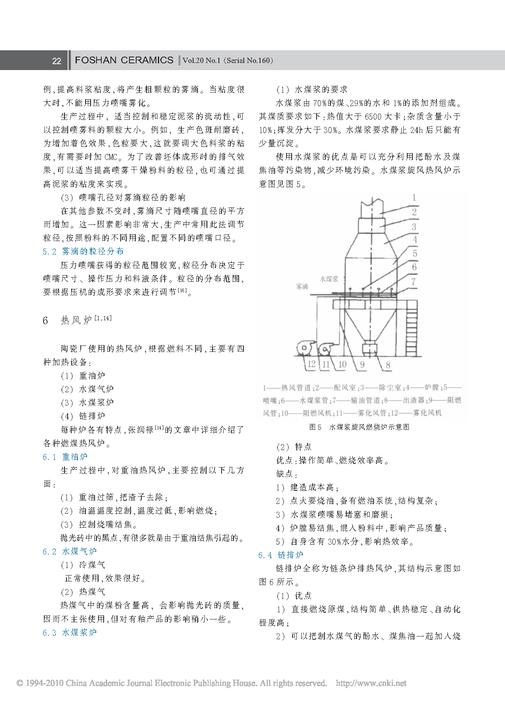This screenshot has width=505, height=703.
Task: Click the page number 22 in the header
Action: click(x=57, y=61)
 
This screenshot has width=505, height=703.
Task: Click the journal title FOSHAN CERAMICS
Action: click(x=124, y=60)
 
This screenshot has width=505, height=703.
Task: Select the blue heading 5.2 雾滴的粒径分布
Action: click(x=83, y=251)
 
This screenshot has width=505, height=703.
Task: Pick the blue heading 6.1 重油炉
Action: click(x=65, y=457)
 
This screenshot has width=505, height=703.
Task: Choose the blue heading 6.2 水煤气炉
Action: click(x=70, y=551)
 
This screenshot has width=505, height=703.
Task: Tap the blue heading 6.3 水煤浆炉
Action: click(x=70, y=633)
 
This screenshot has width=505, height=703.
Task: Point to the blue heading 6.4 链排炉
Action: click(x=281, y=555)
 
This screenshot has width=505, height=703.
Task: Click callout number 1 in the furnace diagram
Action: click(x=414, y=198)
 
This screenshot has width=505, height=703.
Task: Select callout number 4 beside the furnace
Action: click(x=414, y=239)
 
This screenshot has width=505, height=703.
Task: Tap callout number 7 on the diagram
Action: click(x=414, y=282)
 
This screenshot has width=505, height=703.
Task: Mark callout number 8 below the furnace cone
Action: click(x=388, y=365)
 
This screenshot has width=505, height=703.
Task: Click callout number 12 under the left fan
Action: click(x=311, y=364)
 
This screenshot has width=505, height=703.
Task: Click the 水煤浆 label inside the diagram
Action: click(x=329, y=279)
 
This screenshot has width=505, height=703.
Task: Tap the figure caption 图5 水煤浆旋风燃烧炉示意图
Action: click(x=359, y=427)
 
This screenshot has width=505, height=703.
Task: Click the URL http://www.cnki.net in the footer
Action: click(x=371, y=683)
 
